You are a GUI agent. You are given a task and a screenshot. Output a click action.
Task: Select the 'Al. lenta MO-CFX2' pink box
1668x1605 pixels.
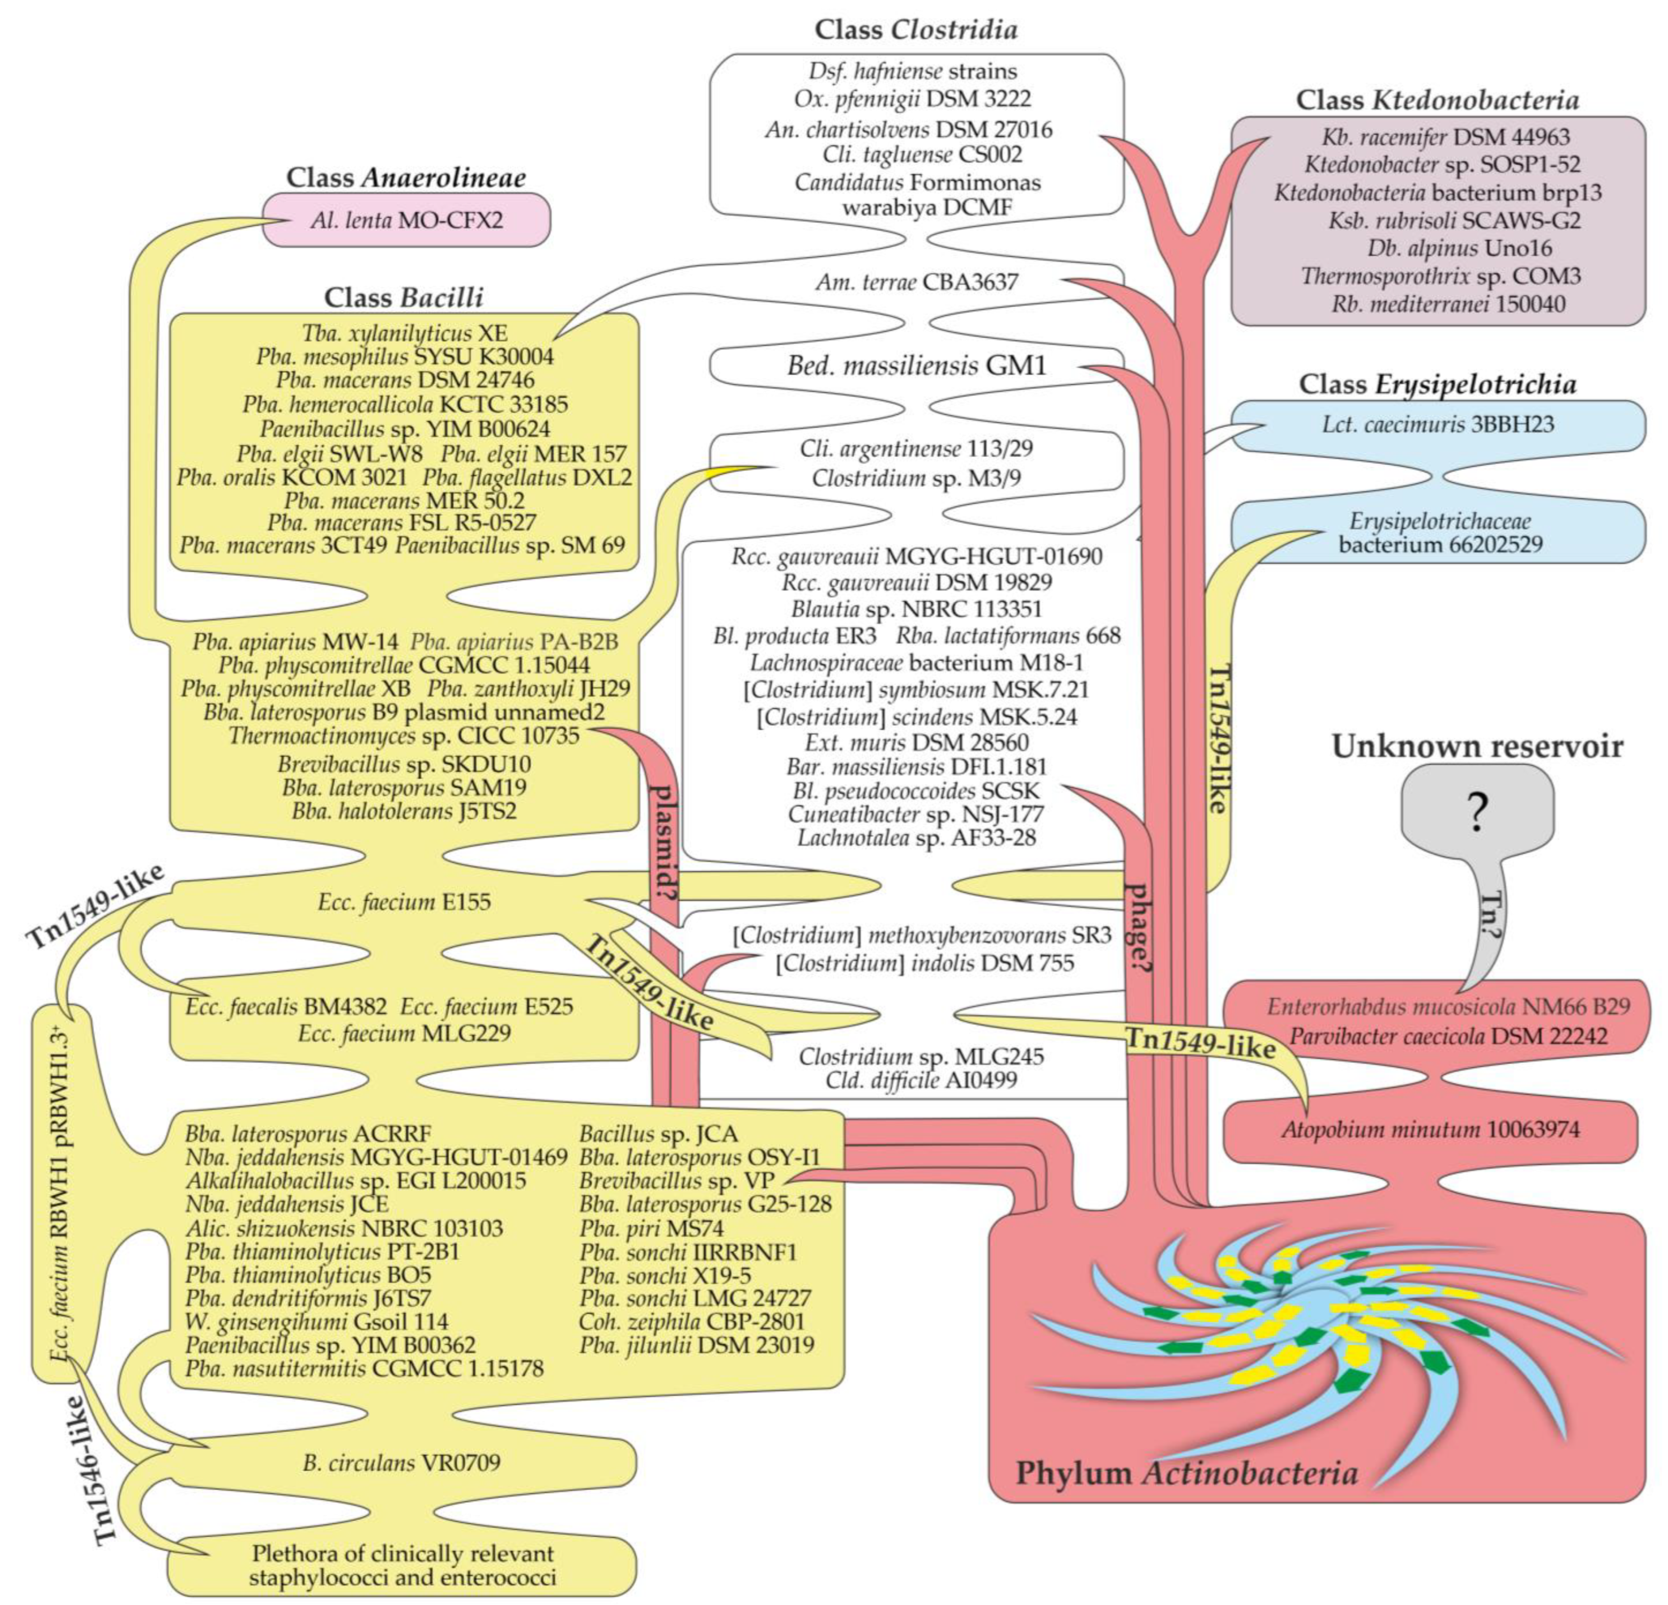(407, 220)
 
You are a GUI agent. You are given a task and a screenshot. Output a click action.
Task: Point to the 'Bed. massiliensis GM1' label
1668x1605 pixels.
(916, 366)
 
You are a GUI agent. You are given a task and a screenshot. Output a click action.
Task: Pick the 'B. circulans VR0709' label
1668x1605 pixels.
(401, 1462)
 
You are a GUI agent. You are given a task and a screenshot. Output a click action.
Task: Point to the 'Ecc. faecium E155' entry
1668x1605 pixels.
(404, 902)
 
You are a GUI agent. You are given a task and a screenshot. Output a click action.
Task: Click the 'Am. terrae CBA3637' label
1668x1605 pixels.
(916, 282)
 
